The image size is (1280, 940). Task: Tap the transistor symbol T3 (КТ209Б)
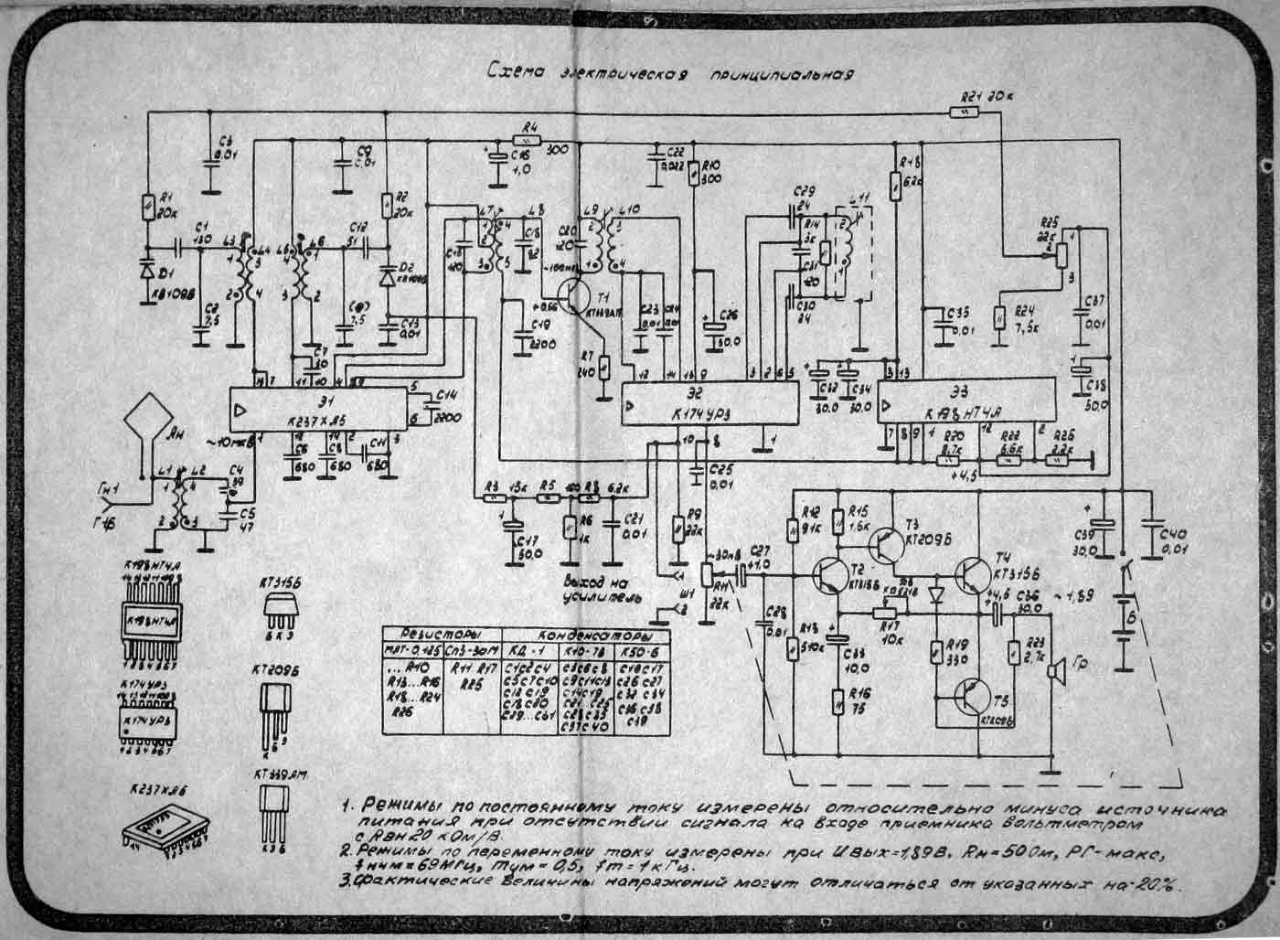[885, 545]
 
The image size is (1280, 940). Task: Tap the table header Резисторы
[443, 633]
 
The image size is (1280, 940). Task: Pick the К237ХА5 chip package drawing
[165, 827]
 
